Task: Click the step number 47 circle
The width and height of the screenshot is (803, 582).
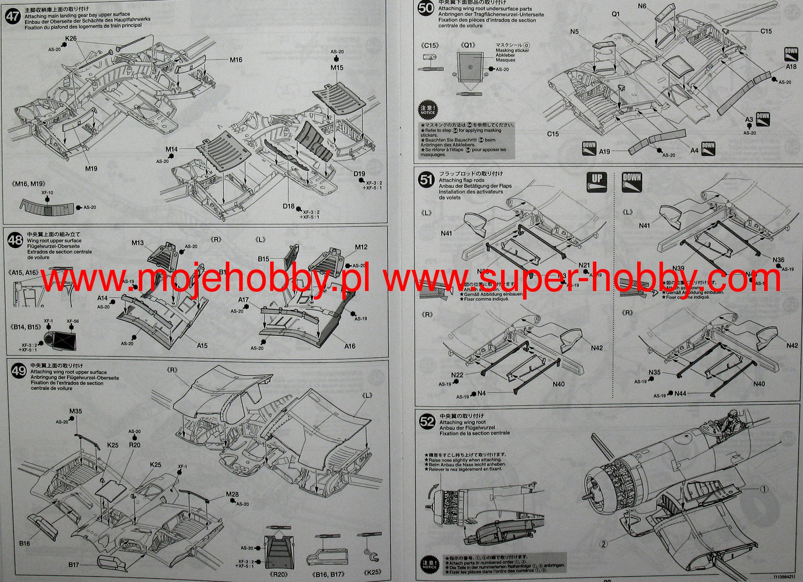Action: tap(13, 17)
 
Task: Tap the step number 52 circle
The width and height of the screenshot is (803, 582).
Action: tap(427, 422)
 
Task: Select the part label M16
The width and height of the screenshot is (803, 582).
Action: tap(236, 60)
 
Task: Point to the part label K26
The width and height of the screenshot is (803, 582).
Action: tap(71, 39)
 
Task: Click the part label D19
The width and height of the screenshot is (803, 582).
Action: tap(359, 174)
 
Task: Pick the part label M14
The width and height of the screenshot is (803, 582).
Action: tap(171, 149)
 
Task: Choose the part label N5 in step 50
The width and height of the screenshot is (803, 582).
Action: tap(574, 32)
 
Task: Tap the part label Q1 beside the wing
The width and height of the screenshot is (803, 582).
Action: tap(616, 14)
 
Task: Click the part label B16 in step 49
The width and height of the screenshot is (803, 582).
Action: tap(24, 543)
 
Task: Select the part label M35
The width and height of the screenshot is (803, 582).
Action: tap(76, 411)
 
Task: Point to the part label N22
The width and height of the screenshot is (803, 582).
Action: tap(457, 375)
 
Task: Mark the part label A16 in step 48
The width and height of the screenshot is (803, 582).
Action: tap(350, 346)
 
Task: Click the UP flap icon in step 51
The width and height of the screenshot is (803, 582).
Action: tap(597, 182)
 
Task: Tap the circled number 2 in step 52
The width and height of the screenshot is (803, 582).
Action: tap(604, 544)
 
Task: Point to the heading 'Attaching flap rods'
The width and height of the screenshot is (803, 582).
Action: tap(461, 180)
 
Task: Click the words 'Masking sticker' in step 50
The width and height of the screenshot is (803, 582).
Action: tap(512, 51)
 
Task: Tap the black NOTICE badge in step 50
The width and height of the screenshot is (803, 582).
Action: tap(428, 110)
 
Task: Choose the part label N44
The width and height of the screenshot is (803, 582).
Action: tap(680, 393)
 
